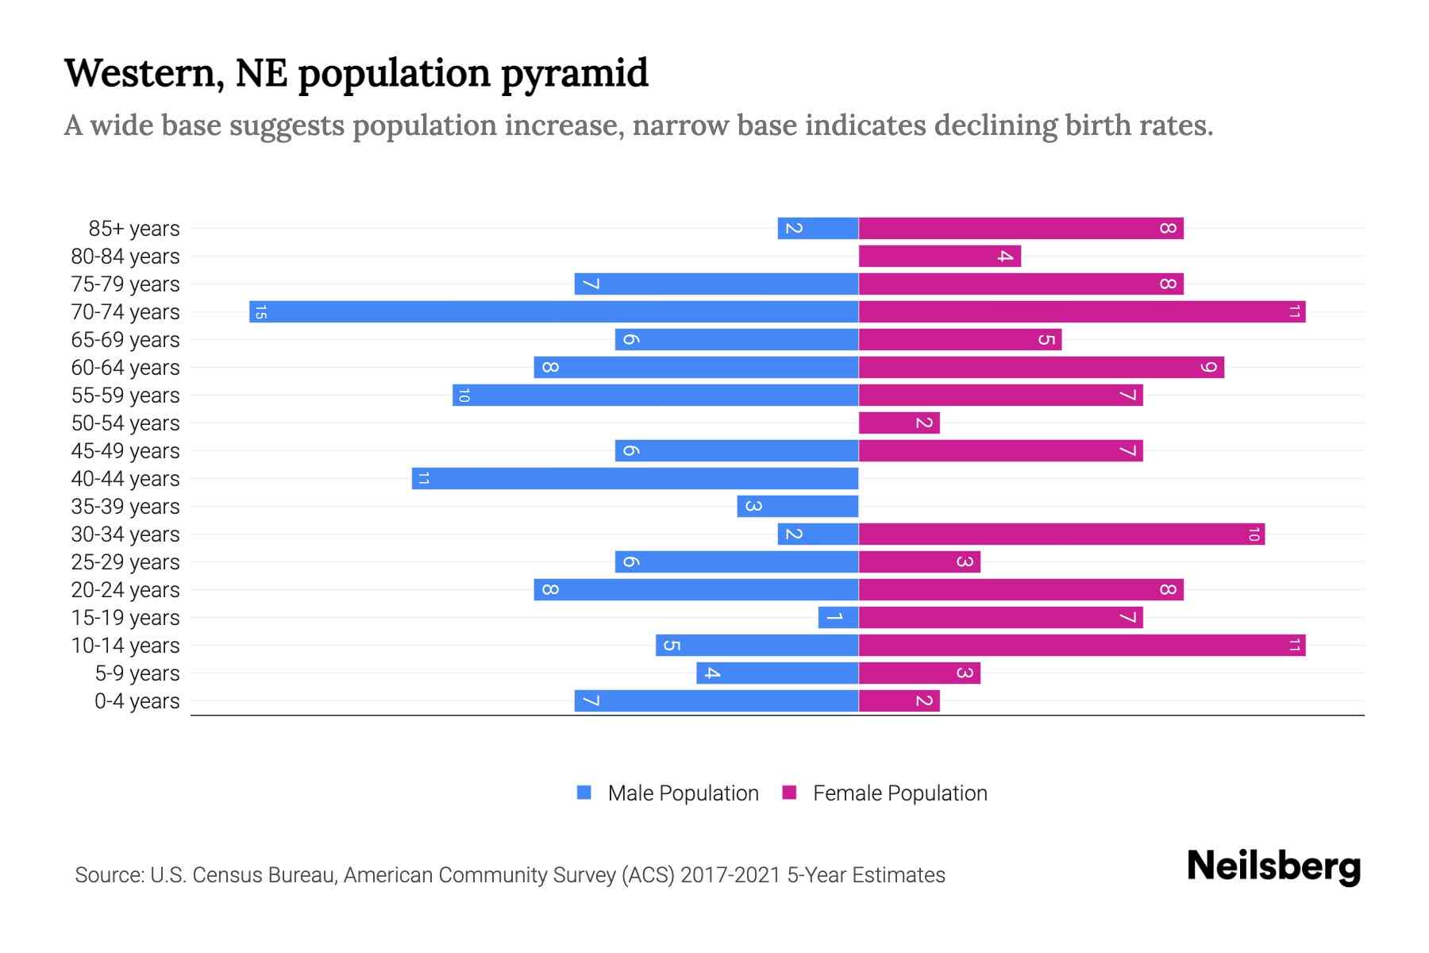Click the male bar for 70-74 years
pos(553,311)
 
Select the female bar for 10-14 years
pos(1081,645)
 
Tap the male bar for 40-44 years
pos(635,478)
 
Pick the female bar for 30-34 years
pos(1061,534)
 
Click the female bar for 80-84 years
pos(939,256)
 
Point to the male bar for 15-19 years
pos(838,617)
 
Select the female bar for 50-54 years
pos(899,422)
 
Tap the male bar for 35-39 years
pos(798,506)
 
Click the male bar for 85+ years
pos(818,228)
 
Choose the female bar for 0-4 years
pos(899,700)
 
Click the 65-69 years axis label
pos(125,340)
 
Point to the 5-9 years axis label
pos(137,673)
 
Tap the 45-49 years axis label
pos(125,451)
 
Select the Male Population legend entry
pos(683,793)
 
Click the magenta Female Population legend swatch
pos(789,793)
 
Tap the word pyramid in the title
pos(575,73)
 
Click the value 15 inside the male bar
pos(260,312)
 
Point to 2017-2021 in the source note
pos(730,875)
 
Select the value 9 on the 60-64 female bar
pos(1208,367)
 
